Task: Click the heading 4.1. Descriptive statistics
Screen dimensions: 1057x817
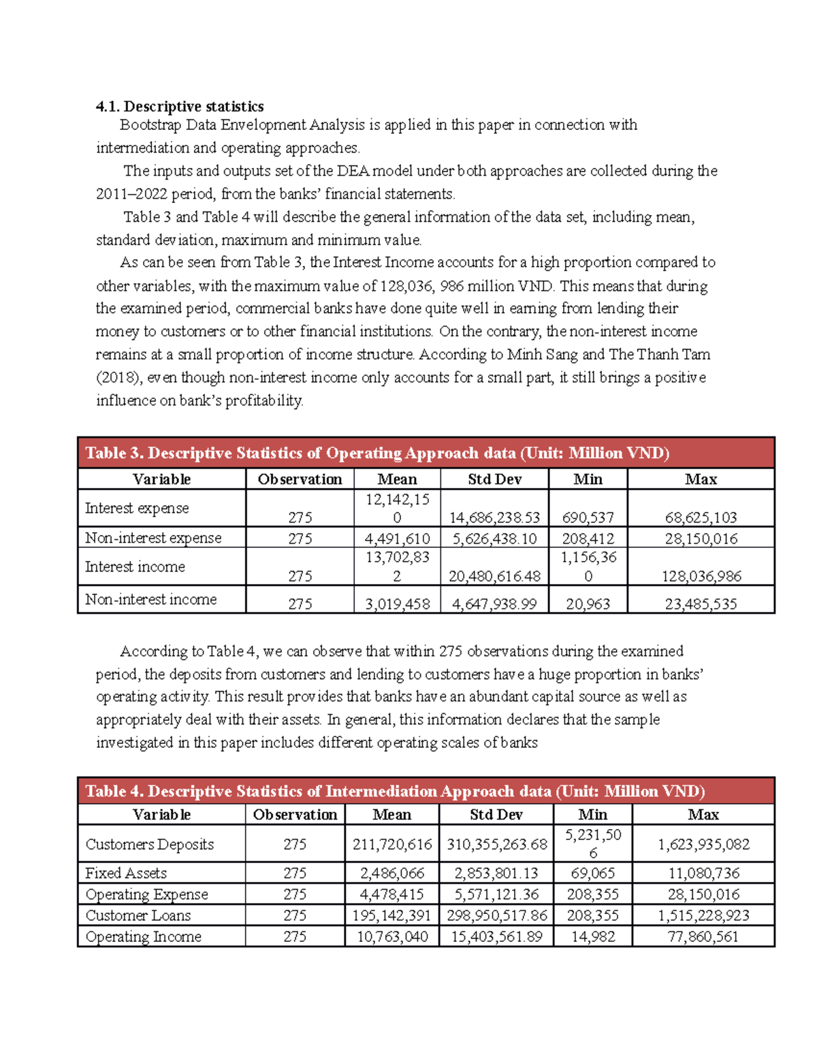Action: tap(180, 106)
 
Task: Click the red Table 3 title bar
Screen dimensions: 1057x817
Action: tap(426, 453)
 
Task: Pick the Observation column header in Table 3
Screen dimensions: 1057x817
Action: tap(300, 479)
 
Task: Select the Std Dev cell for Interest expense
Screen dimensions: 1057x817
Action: tap(494, 518)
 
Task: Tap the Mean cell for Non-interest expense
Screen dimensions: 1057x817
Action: tap(397, 538)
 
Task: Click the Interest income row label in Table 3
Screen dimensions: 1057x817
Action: tap(135, 567)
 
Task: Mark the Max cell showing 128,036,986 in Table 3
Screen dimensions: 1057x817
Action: tap(701, 576)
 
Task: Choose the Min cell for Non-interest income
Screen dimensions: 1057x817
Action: tap(588, 604)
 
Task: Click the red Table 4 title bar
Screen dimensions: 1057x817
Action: tap(426, 791)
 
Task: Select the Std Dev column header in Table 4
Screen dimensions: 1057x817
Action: tap(496, 815)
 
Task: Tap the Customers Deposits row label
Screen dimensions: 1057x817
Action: tap(150, 845)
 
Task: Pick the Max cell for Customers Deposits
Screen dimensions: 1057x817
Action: tap(703, 845)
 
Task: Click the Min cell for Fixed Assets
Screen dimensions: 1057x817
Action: tap(592, 873)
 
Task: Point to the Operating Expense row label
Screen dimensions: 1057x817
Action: tap(147, 894)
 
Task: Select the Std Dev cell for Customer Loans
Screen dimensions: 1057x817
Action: tap(496, 915)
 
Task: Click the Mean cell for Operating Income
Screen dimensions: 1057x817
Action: tap(392, 937)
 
